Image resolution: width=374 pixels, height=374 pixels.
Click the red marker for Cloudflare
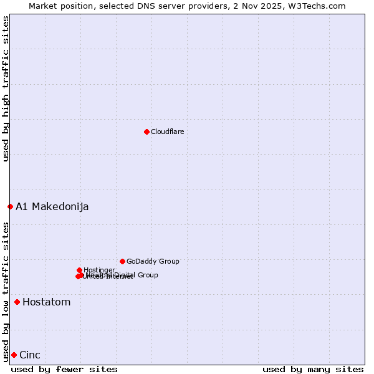pos(146,132)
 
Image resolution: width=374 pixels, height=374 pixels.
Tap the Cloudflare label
pos(167,132)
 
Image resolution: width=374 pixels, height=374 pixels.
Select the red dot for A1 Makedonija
pos(10,206)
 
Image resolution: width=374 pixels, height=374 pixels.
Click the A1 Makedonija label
pos(52,206)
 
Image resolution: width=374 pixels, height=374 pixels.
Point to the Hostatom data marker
pos(17,302)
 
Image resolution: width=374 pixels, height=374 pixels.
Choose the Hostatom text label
pos(46,302)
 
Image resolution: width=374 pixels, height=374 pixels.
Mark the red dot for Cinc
pos(14,355)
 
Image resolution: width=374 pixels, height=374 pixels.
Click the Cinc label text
pos(30,355)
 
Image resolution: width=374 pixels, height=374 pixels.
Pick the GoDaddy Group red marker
pos(122,261)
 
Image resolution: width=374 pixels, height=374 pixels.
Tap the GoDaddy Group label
pos(153,261)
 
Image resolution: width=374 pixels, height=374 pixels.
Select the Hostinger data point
pos(79,270)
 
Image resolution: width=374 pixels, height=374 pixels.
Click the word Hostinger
pos(99,270)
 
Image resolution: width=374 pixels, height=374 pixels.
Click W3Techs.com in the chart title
pos(320,6)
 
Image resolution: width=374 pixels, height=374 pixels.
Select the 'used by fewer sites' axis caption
pos(64,369)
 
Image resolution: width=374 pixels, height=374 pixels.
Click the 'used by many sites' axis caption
pos(313,369)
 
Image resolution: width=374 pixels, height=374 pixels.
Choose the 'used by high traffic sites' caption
pos(6,89)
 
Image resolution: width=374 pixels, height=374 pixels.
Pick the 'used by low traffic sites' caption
pos(6,291)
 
